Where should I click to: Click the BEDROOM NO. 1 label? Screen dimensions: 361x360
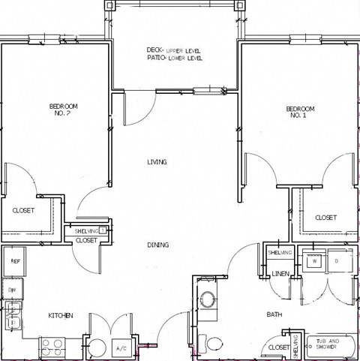[x=300, y=112]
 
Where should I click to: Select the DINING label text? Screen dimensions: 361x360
[x=157, y=245]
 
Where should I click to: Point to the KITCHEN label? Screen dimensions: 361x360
[x=60, y=316]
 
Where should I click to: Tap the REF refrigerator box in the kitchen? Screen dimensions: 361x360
[x=14, y=261]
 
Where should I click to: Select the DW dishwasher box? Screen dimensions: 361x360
[x=13, y=289]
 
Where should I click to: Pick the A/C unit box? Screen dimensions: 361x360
[x=121, y=349]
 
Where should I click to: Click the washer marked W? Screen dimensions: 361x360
[x=313, y=262]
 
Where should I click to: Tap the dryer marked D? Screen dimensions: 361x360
[x=337, y=262]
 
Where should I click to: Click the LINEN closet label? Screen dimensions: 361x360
[x=280, y=274]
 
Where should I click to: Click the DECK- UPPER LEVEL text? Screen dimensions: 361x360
[x=174, y=50]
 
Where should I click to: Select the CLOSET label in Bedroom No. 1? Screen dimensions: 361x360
[x=325, y=218]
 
